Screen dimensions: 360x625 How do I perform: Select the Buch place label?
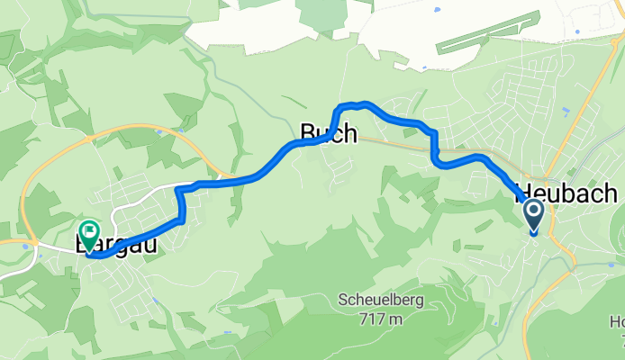[x=328, y=135]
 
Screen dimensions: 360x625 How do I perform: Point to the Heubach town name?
[x=566, y=193]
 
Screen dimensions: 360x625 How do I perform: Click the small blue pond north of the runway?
[x=437, y=10]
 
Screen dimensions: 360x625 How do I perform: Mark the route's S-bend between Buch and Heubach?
[x=436, y=148]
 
